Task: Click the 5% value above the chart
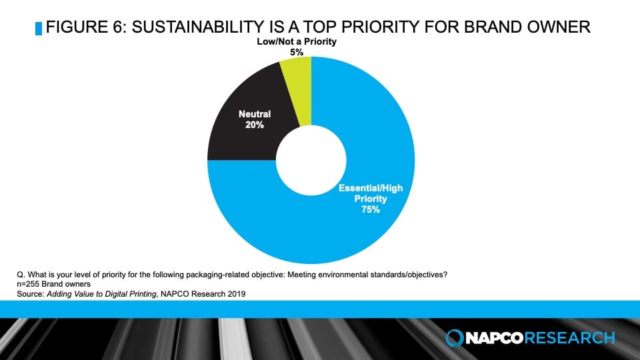pyautogui.click(x=297, y=52)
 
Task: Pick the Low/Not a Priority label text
pyautogui.click(x=297, y=42)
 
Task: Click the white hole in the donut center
pyautogui.click(x=311, y=160)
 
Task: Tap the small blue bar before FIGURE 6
pyautogui.click(x=38, y=28)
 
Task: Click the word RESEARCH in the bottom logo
pyautogui.click(x=571, y=338)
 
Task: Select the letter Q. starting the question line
pyautogui.click(x=20, y=274)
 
